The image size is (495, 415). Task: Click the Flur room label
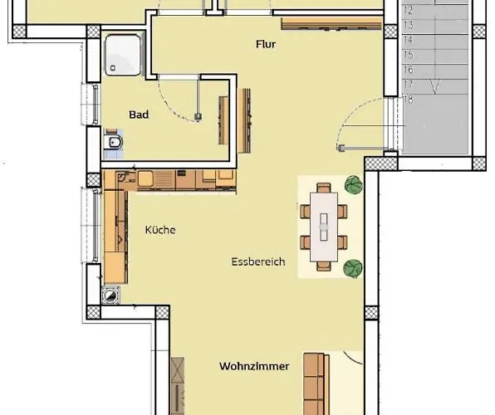(266, 44)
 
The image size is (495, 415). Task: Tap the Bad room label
(139, 115)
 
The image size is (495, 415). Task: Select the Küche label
(160, 230)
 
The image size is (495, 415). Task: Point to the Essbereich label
(258, 261)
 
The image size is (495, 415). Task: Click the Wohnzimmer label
(254, 366)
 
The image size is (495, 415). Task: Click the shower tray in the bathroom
(123, 55)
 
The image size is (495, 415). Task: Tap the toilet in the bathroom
(115, 142)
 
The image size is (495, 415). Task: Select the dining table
(324, 227)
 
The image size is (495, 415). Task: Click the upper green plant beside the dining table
(354, 184)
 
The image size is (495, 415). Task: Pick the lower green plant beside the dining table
(353, 269)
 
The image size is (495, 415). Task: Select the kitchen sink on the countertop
(145, 179)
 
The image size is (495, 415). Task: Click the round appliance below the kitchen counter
(110, 295)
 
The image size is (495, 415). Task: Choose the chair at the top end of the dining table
(324, 188)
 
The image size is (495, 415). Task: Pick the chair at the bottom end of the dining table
(324, 266)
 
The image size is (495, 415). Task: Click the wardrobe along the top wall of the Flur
(331, 24)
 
